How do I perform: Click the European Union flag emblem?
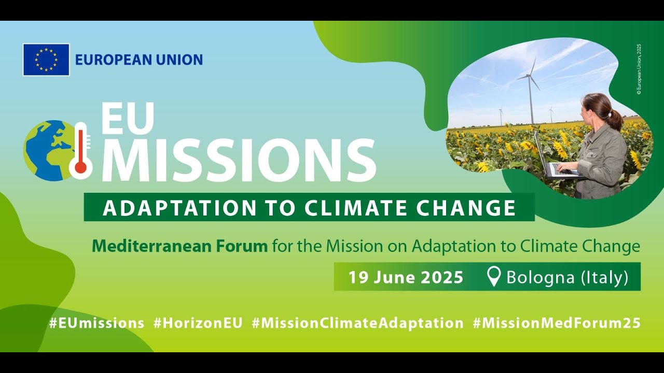pyautogui.click(x=46, y=60)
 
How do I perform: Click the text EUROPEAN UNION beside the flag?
pyautogui.click(x=139, y=60)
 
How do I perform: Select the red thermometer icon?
pyautogui.click(x=80, y=150)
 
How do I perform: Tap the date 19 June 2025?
pyautogui.click(x=406, y=277)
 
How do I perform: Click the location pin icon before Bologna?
pyautogui.click(x=494, y=277)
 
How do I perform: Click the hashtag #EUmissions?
pyautogui.click(x=96, y=323)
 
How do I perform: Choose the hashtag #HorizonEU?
pyautogui.click(x=198, y=323)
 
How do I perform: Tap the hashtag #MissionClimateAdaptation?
pyautogui.click(x=357, y=323)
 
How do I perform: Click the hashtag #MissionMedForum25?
pyautogui.click(x=557, y=323)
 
